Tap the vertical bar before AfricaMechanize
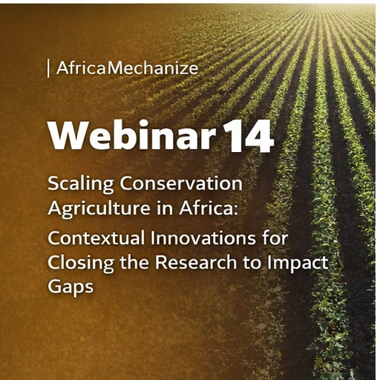point(48,68)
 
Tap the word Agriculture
point(94,209)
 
